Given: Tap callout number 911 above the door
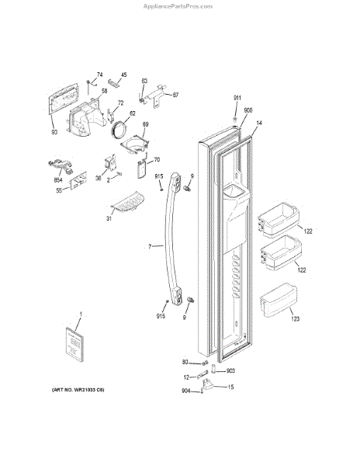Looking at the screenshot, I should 237,97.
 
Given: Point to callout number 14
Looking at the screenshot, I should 258,123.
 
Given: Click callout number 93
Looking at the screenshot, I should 54,131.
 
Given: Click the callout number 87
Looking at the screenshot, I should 175,95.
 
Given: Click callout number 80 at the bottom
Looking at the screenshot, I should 185,362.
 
